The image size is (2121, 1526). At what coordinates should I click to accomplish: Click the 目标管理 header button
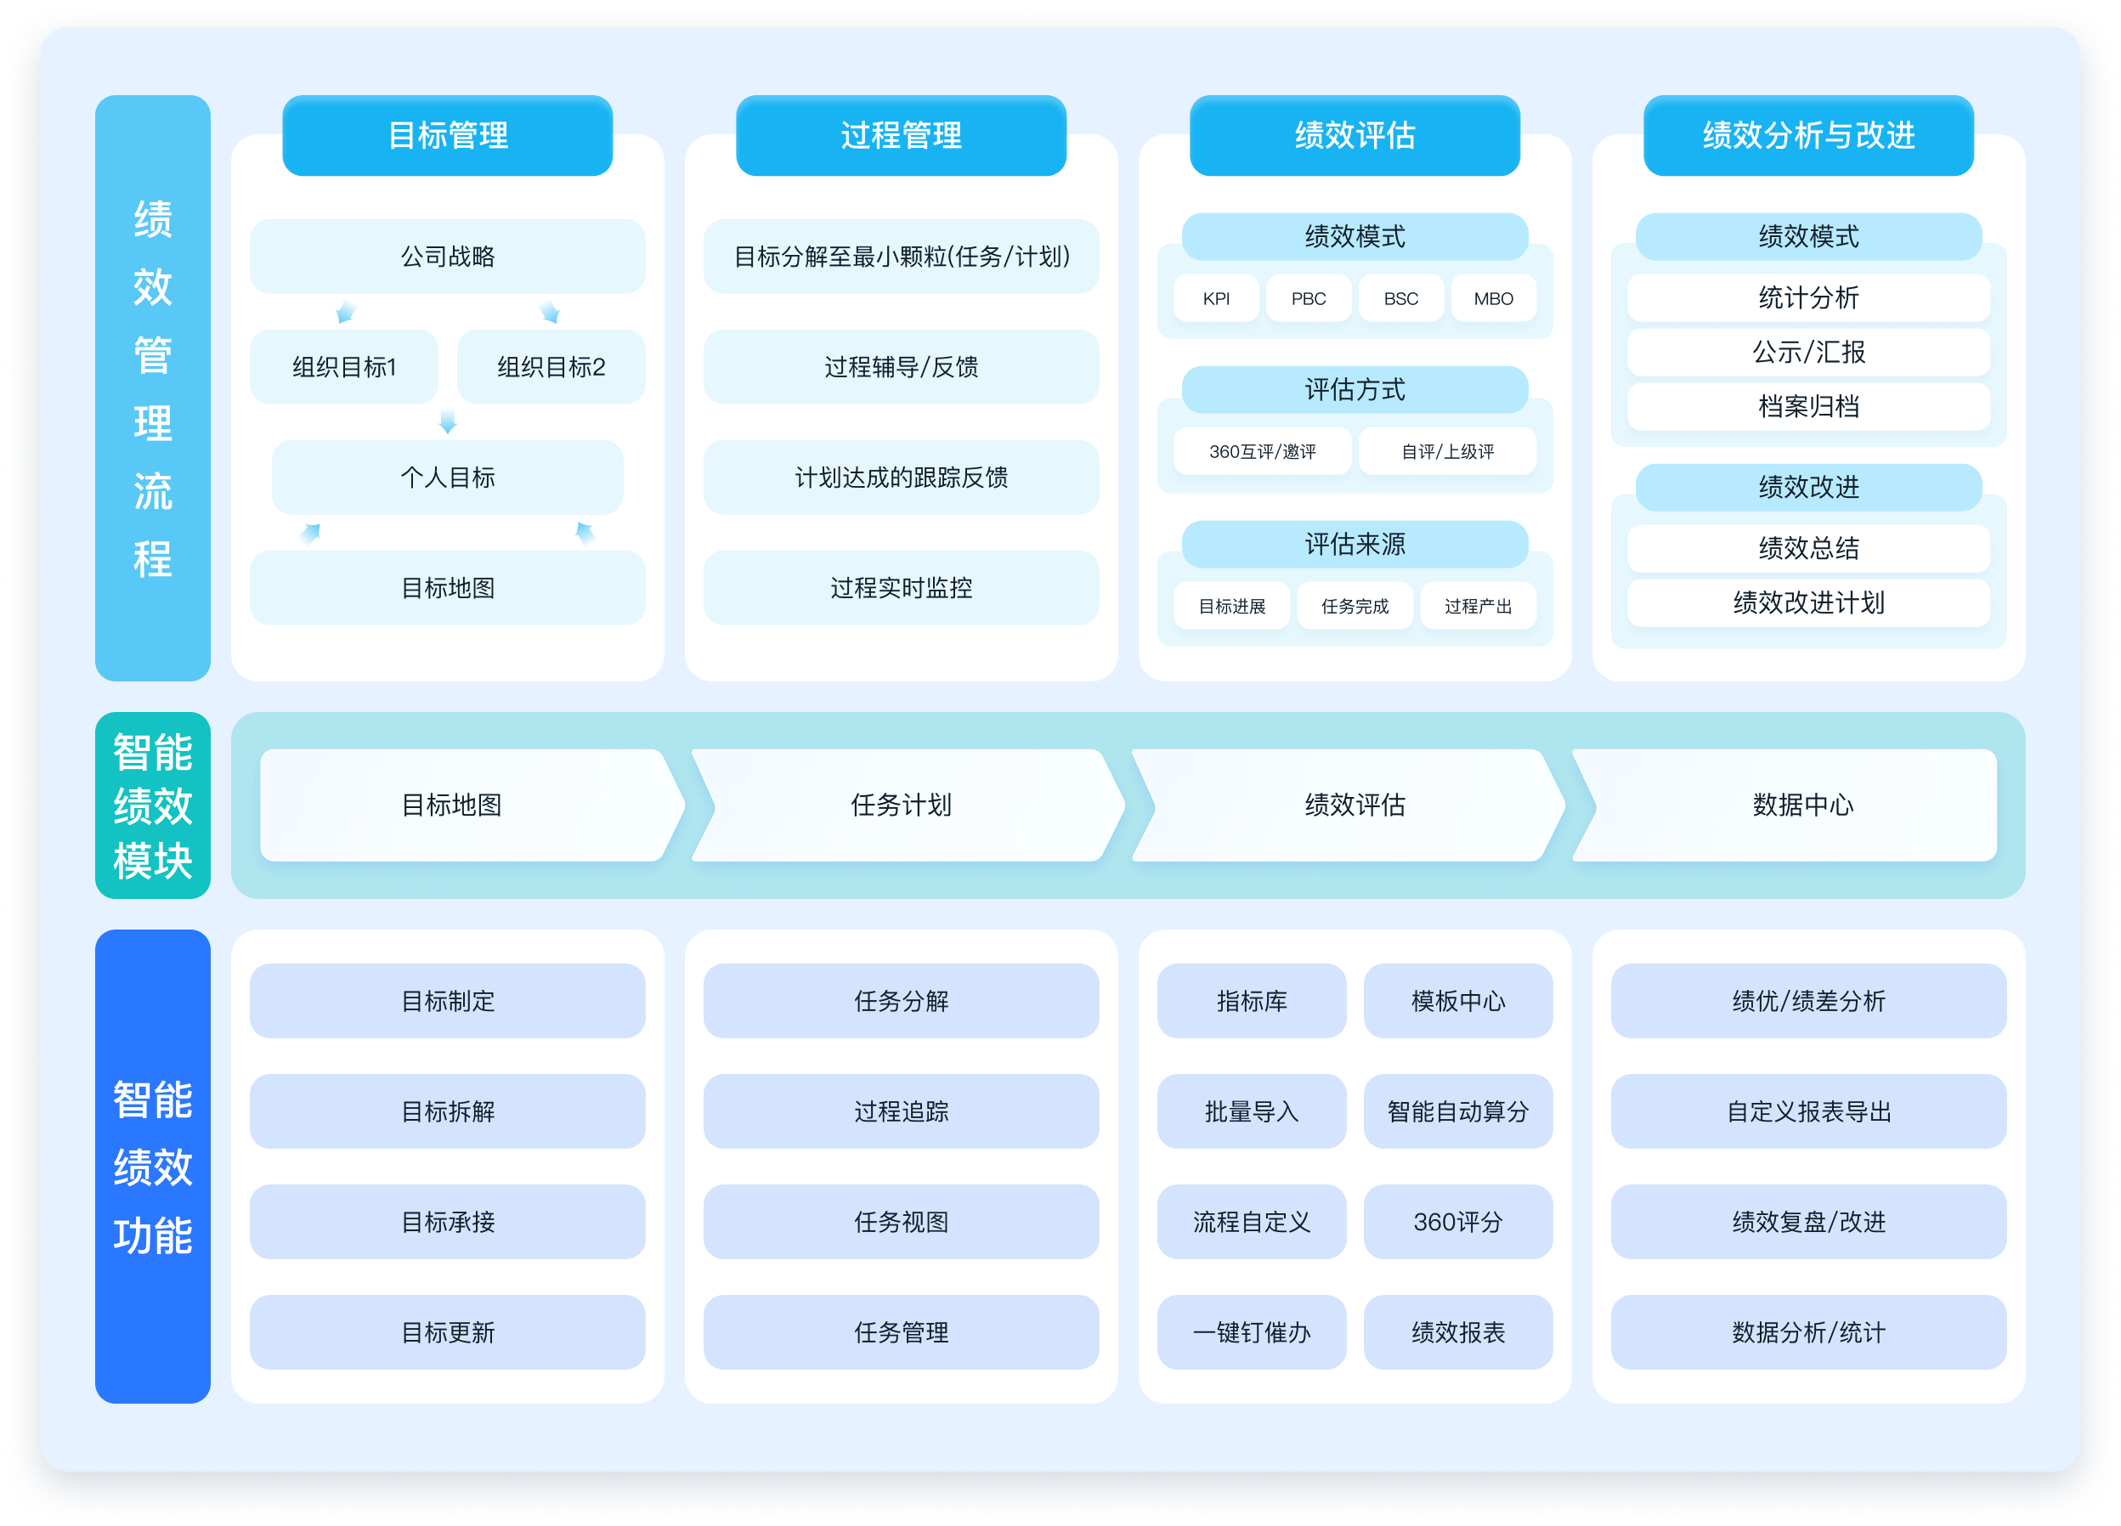[447, 136]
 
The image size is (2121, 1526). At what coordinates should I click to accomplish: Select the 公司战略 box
[447, 257]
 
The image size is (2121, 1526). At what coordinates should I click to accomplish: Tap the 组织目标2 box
[551, 366]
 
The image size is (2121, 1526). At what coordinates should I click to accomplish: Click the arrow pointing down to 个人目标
[448, 421]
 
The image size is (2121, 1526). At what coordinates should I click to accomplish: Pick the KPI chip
[1216, 298]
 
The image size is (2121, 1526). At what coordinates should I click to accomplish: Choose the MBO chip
[1494, 298]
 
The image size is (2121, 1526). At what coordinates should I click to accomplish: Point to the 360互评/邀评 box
[1263, 452]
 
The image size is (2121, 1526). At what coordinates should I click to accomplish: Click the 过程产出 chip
[1478, 606]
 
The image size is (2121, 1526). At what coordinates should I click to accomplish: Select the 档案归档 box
[1807, 407]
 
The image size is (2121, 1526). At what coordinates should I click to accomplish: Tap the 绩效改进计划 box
[1807, 603]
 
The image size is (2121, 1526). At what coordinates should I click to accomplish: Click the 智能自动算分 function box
[1458, 1111]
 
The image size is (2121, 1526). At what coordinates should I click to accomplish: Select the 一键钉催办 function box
[1252, 1331]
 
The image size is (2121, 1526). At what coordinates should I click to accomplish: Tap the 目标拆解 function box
[447, 1111]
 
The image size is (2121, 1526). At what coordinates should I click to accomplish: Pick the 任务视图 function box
[901, 1221]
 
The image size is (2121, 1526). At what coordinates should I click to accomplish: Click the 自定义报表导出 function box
[1807, 1111]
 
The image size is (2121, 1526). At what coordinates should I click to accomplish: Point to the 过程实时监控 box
[901, 587]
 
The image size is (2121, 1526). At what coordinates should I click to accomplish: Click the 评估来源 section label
[1355, 544]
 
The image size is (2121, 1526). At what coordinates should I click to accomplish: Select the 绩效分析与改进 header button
[1807, 136]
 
